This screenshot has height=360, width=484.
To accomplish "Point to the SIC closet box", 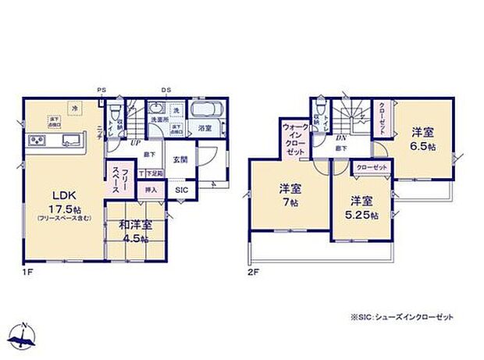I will (x=180, y=190).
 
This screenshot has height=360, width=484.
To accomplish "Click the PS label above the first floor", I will (x=101, y=91).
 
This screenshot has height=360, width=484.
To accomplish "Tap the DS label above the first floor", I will (x=165, y=91).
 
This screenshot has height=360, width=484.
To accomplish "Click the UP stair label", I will (x=135, y=144).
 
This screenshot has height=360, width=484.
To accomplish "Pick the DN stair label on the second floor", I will (x=341, y=138).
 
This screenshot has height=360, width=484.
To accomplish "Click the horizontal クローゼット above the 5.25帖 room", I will (x=371, y=167).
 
